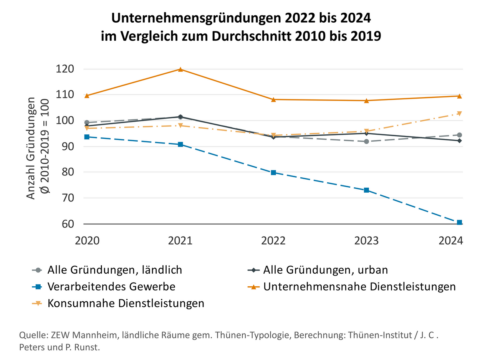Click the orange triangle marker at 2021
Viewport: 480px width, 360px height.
(x=180, y=69)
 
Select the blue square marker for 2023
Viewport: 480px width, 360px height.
(x=366, y=190)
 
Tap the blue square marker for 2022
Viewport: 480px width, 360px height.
(x=273, y=173)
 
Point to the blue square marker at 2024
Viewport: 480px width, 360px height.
(x=459, y=222)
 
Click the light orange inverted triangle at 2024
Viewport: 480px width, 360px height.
(x=459, y=114)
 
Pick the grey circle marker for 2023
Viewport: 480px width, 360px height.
(x=366, y=141)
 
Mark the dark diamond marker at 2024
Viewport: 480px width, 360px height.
(x=459, y=141)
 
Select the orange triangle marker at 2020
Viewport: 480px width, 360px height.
(x=87, y=96)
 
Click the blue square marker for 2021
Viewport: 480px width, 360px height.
(x=180, y=144)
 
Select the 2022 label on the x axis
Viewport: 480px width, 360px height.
(x=273, y=241)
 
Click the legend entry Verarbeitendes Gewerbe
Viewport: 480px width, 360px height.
(x=111, y=287)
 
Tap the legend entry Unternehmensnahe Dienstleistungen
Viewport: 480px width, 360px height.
(x=359, y=287)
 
